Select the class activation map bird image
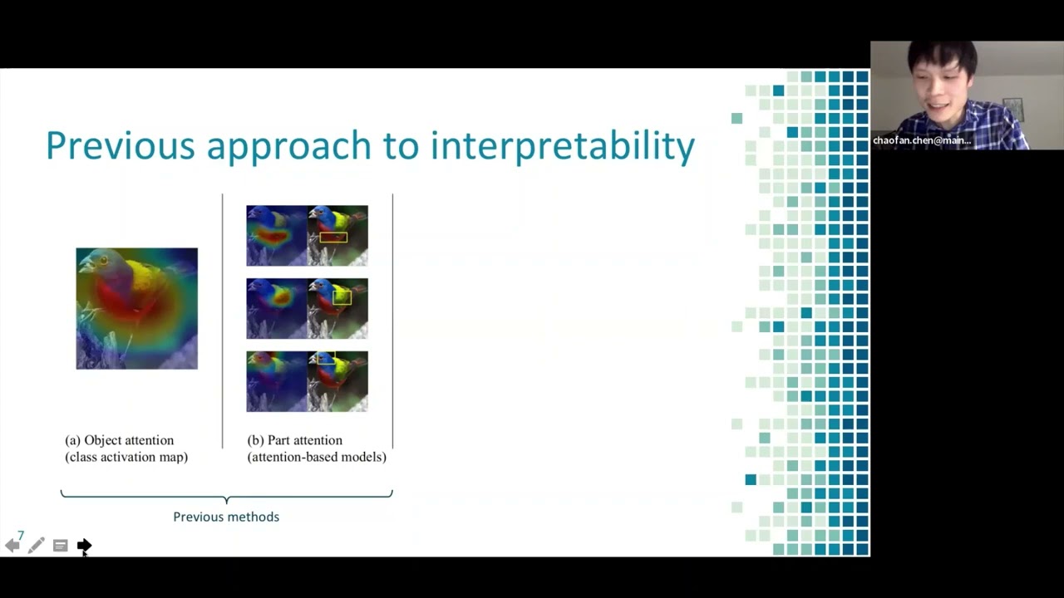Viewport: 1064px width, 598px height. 137,308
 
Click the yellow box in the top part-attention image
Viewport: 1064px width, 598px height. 333,238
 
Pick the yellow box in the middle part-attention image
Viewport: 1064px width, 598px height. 342,297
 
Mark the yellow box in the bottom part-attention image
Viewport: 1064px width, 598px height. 326,359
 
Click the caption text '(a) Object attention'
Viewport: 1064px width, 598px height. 120,440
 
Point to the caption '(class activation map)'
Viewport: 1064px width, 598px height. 126,457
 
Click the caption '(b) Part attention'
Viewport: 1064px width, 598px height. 295,440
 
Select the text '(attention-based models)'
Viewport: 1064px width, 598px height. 317,457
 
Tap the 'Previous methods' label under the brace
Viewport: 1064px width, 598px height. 226,517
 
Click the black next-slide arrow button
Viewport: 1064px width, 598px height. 84,546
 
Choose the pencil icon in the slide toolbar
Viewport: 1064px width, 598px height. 36,546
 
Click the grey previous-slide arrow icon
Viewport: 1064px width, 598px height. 12,546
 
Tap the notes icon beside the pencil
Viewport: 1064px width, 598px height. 60,546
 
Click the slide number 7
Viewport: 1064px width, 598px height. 21,536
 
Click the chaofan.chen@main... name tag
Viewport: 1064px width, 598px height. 921,140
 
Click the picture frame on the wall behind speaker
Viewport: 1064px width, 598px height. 1012,109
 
